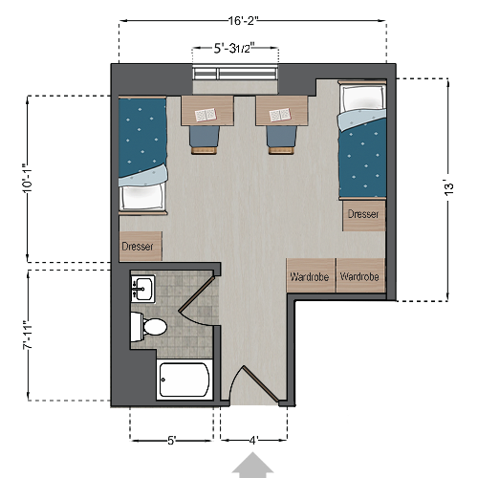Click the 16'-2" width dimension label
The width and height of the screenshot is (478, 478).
tap(253, 18)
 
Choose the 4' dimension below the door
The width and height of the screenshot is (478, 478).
tap(253, 440)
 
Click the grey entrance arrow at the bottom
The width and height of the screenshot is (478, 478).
tap(253, 466)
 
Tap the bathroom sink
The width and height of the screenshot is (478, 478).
tap(143, 287)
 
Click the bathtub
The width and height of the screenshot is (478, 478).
tap(184, 381)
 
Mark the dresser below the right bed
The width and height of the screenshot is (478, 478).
tap(363, 215)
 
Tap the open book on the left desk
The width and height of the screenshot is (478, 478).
tap(206, 115)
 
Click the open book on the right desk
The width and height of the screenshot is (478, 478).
tap(279, 115)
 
